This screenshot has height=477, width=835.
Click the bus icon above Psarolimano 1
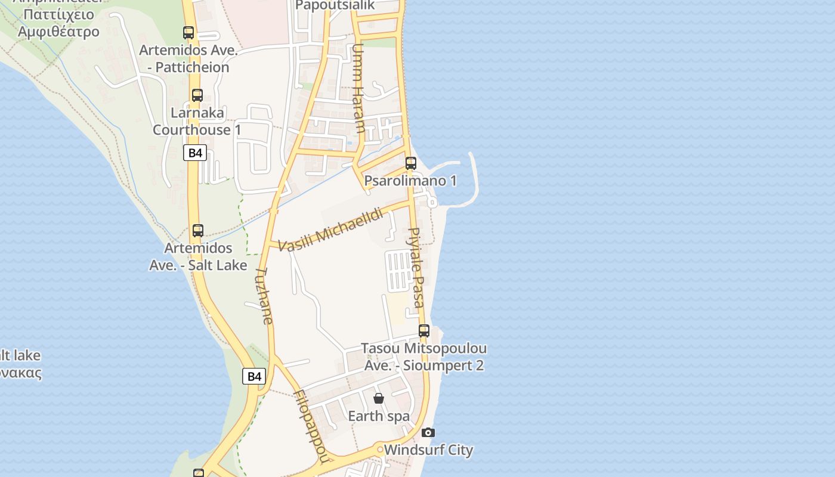tap(410, 163)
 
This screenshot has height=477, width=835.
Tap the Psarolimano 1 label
tap(410, 181)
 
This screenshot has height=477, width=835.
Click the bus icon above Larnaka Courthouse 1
tap(197, 95)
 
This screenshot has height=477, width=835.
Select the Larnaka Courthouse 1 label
tap(197, 121)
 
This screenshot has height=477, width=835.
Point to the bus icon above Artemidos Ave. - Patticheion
tap(188, 33)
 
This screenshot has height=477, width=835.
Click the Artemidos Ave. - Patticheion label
tap(184, 58)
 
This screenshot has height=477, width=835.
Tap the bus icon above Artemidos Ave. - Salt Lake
tap(197, 230)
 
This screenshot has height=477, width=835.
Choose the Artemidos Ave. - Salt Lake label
tap(198, 256)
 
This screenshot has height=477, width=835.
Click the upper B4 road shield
tap(195, 153)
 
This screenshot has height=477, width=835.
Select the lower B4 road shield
tap(254, 376)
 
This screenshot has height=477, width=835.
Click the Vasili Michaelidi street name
tap(330, 229)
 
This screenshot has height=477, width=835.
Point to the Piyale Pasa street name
tap(416, 267)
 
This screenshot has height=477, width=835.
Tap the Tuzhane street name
tap(264, 296)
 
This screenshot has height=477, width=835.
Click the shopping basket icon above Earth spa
tap(378, 398)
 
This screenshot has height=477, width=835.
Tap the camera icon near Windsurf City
tap(428, 433)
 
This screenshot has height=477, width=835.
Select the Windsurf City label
tap(428, 450)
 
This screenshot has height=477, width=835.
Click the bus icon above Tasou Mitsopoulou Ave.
tap(423, 330)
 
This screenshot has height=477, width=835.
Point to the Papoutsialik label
tap(335, 5)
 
